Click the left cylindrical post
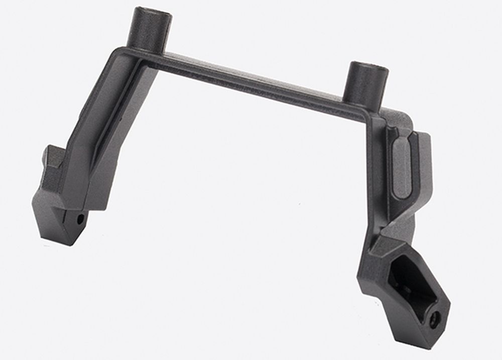pos(151,30)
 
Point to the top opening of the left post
pos(152,12)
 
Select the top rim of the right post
pos(369,67)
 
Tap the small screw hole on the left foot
pos(80,219)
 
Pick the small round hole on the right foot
pos(435,317)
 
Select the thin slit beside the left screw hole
pos(68,218)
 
